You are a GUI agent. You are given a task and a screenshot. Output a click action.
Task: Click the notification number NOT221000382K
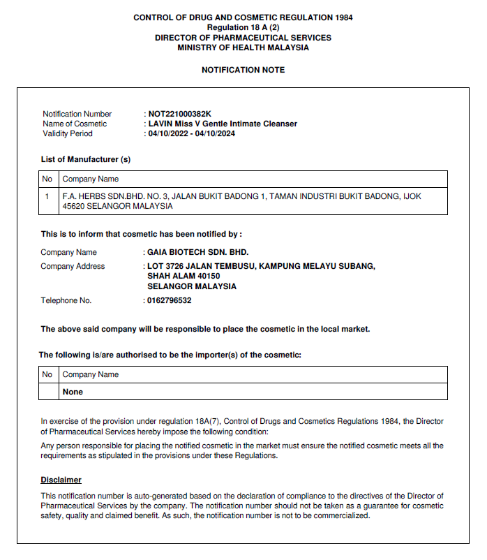pyautogui.click(x=179, y=114)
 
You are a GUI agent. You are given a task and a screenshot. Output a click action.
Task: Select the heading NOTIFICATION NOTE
pyautogui.click(x=243, y=71)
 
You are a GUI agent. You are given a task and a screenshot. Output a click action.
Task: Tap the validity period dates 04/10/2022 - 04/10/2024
pyautogui.click(x=191, y=133)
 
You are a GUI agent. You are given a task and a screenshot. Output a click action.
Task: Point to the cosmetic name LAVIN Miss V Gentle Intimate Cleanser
pyautogui.click(x=223, y=124)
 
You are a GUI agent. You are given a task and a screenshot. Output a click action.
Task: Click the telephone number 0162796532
pyautogui.click(x=169, y=301)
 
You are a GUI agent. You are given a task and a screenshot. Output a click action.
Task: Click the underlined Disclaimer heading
pyautogui.click(x=61, y=480)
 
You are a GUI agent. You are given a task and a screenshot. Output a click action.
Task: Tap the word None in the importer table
pyautogui.click(x=73, y=392)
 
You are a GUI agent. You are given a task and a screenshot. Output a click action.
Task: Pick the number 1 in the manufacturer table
pyautogui.click(x=47, y=197)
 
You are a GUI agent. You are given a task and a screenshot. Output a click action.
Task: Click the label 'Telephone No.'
pyautogui.click(x=66, y=301)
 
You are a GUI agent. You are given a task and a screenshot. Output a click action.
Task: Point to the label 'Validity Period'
pyautogui.click(x=68, y=133)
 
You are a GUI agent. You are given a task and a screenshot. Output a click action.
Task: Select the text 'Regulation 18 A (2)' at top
pyautogui.click(x=243, y=27)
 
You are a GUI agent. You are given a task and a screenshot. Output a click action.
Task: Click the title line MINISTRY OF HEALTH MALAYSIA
pyautogui.click(x=243, y=48)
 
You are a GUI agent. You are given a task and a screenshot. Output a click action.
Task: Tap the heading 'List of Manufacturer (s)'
pyautogui.click(x=86, y=159)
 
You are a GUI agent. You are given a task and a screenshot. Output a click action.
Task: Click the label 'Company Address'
pyautogui.click(x=73, y=266)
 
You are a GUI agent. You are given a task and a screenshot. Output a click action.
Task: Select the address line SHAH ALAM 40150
pyautogui.click(x=183, y=276)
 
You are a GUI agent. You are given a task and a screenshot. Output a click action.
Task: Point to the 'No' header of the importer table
pyautogui.click(x=47, y=374)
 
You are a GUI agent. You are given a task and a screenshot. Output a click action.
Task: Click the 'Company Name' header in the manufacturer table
pyautogui.click(x=91, y=179)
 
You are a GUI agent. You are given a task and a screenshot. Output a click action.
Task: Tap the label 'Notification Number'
pyautogui.click(x=77, y=114)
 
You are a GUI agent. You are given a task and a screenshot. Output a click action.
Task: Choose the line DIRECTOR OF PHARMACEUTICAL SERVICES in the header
pyautogui.click(x=243, y=38)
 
